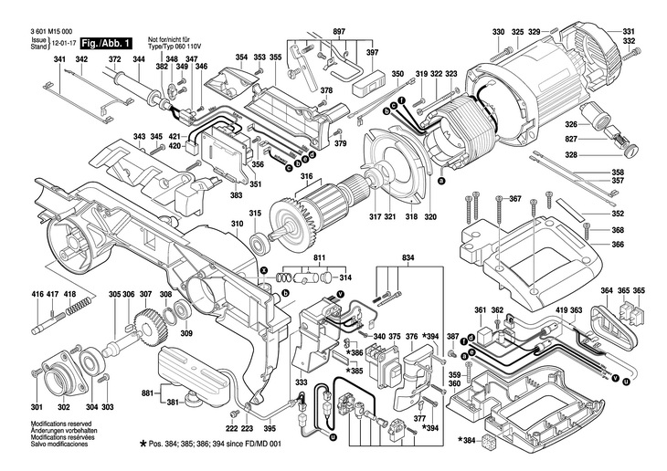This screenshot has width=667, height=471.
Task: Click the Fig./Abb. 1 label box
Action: tap(106, 43)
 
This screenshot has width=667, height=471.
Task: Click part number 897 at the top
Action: tap(339, 32)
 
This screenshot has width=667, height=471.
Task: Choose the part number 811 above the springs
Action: tap(319, 259)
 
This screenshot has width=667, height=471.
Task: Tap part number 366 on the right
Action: tap(618, 244)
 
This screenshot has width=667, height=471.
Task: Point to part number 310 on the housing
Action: tap(237, 224)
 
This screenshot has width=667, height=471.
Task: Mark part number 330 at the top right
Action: tap(498, 34)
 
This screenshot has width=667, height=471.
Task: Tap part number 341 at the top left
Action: tap(60, 60)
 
